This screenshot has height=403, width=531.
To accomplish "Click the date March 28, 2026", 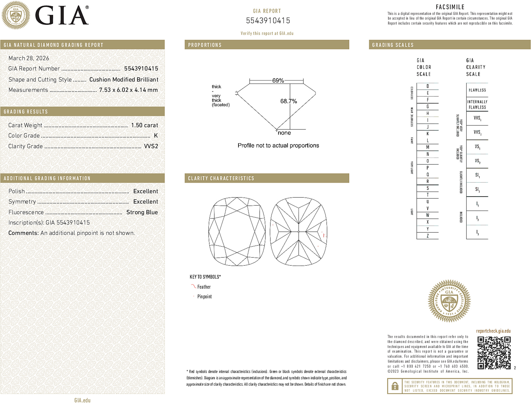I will (x=29, y=58).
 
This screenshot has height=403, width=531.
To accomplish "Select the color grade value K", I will (x=156, y=135).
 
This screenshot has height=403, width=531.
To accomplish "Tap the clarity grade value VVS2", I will (x=151, y=146).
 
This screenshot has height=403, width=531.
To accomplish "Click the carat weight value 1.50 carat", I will (x=144, y=125).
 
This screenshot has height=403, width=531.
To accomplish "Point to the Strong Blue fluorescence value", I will (x=142, y=212).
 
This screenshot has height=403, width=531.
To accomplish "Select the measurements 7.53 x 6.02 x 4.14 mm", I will (x=128, y=90).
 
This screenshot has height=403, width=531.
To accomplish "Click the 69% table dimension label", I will (x=278, y=80).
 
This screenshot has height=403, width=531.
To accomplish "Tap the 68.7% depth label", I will (x=288, y=101).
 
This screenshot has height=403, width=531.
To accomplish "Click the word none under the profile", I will (x=284, y=133).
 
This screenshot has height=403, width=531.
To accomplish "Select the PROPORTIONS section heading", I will (x=205, y=45).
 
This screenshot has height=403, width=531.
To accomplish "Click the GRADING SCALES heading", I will (x=393, y=45).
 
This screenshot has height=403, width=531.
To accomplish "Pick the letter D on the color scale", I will (x=428, y=86).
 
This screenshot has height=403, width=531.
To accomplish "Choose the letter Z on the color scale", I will (x=428, y=236).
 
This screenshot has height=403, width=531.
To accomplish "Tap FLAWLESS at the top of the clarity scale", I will (x=477, y=90).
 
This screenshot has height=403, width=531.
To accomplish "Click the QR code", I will (x=494, y=353).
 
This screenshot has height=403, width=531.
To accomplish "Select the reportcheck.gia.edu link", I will (x=493, y=331).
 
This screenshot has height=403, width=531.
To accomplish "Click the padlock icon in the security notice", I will (x=395, y=386).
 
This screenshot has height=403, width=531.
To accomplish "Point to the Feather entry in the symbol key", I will (x=204, y=287).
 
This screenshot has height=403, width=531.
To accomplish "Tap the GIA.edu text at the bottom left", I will (x=82, y=400).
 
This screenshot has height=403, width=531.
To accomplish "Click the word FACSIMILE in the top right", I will (x=450, y=7).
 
